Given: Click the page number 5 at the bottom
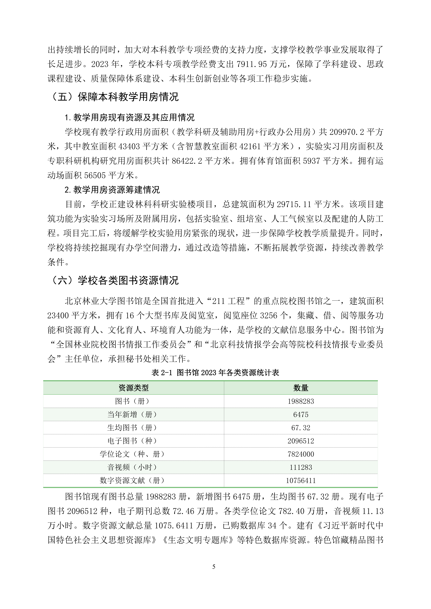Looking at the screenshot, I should (214, 567).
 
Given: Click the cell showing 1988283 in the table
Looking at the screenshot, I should (301, 401).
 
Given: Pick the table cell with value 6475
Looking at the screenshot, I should (301, 415).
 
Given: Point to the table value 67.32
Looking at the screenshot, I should (301, 428).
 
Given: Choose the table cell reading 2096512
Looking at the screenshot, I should (301, 441).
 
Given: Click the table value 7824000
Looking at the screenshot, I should (301, 454).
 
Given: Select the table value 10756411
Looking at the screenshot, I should (301, 480).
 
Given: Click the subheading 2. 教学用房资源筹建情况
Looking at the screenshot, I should (112, 190).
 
